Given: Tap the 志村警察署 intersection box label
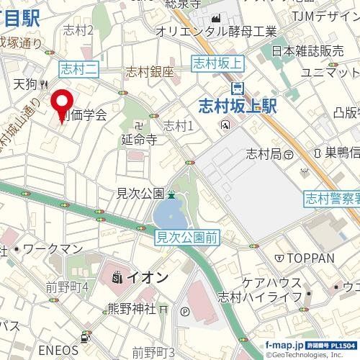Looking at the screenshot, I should [331, 197].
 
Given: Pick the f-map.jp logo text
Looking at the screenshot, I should [284, 346].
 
